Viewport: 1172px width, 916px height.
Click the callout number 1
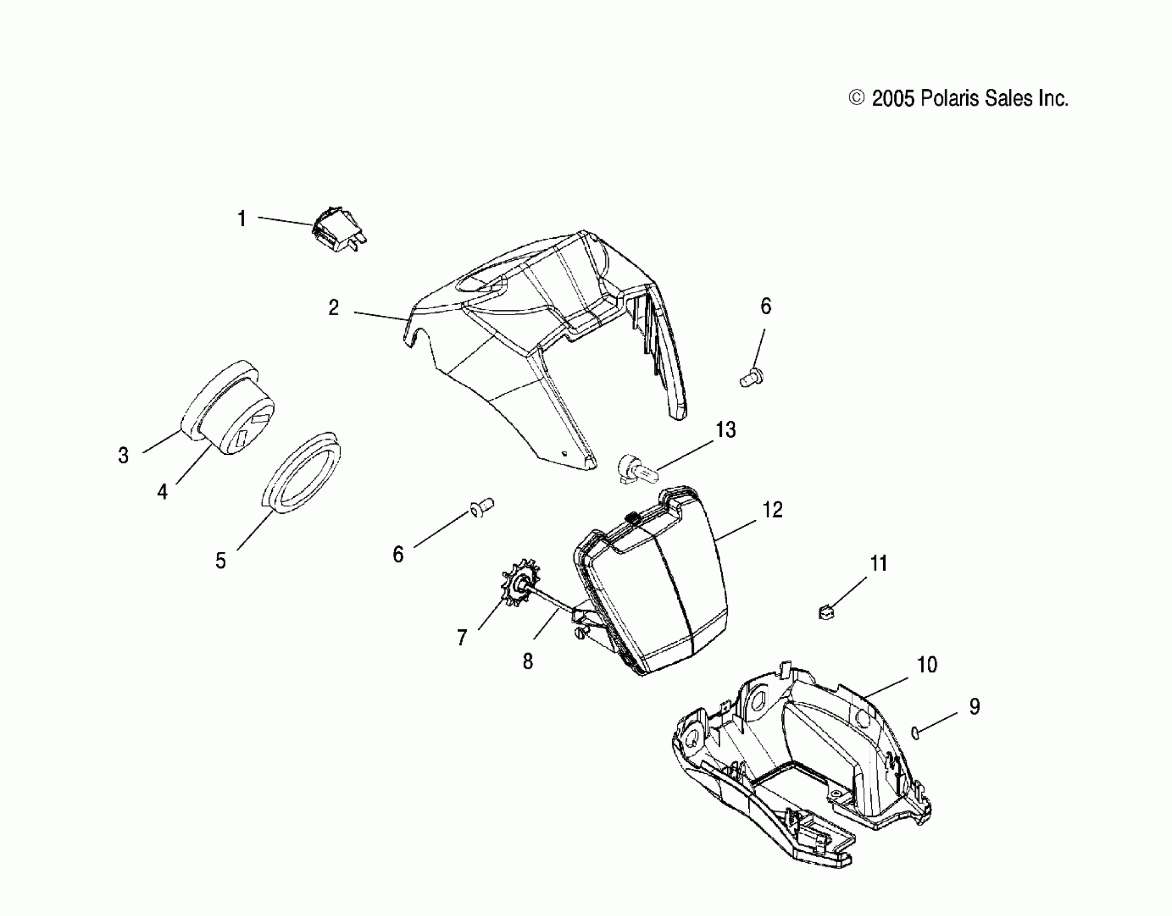point(242,219)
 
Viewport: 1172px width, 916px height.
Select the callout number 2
point(334,308)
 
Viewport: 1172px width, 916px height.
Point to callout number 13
point(726,430)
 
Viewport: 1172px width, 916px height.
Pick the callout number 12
point(773,509)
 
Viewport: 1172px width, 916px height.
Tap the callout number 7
point(461,638)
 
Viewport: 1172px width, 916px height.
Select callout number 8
point(527,661)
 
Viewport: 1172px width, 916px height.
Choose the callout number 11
point(879,564)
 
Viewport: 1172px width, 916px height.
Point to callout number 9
point(974,706)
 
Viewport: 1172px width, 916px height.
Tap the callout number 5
point(220,561)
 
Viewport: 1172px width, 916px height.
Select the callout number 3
point(123,456)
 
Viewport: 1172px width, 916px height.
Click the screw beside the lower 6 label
point(482,506)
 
